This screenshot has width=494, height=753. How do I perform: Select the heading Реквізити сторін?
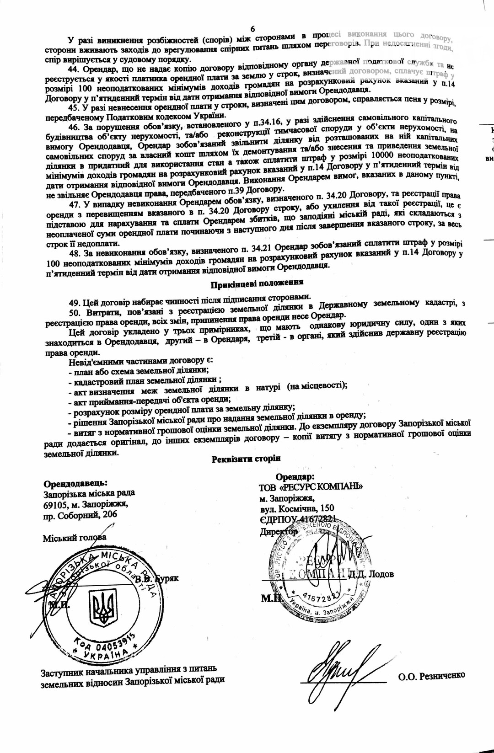246,459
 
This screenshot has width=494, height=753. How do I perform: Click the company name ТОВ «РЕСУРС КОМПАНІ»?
311,487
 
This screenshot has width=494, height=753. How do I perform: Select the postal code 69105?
55,505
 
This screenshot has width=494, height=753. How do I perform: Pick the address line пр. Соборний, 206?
81,515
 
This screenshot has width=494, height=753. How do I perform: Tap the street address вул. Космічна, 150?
296,508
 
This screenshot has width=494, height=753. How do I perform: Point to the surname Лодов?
381,574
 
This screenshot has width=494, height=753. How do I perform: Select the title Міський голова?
75,538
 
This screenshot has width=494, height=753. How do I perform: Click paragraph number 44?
74,69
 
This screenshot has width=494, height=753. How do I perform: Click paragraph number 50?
74,313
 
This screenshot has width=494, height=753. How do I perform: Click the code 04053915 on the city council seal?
105,643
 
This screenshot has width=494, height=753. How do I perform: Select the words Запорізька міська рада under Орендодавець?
89,494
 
